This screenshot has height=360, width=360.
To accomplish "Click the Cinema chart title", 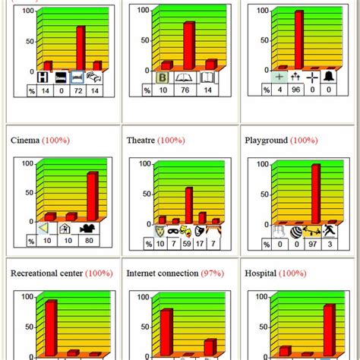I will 25,141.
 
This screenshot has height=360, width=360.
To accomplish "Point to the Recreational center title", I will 46,272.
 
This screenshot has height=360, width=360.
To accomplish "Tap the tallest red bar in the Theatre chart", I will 188,205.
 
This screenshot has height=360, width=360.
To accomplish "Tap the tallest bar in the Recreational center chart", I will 50,327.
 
